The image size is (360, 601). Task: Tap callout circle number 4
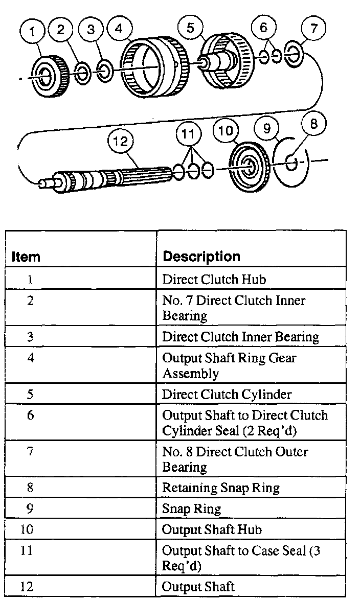point(119,29)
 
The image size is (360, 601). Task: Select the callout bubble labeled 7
point(314,28)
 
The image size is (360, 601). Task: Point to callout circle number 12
point(120,141)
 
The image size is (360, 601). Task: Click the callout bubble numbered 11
point(189,135)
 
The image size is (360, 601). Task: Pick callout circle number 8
point(314,124)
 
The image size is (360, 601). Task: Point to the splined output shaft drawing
point(112,177)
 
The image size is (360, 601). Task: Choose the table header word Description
point(201,256)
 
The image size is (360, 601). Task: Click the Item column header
point(26,256)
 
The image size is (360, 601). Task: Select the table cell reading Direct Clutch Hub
point(214,280)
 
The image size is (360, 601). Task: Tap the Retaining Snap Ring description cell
point(220,488)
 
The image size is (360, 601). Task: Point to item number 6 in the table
point(30,415)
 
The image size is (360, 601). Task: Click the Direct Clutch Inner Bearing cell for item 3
point(240,337)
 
